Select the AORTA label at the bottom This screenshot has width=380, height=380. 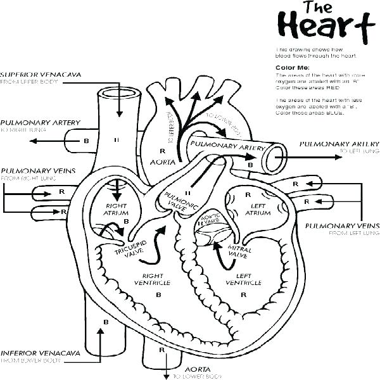point(193,369)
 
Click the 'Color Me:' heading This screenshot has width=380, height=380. point(289,67)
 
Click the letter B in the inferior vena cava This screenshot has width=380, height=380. point(106,322)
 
